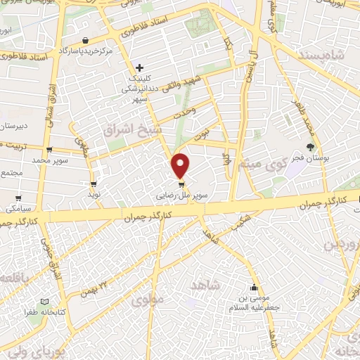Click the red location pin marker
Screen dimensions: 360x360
pos(181,166)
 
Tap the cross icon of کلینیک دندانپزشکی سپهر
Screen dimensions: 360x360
pos(140,68)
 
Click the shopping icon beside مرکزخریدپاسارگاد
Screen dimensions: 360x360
pos(85,40)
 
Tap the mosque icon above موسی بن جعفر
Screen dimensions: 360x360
pos(255,287)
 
